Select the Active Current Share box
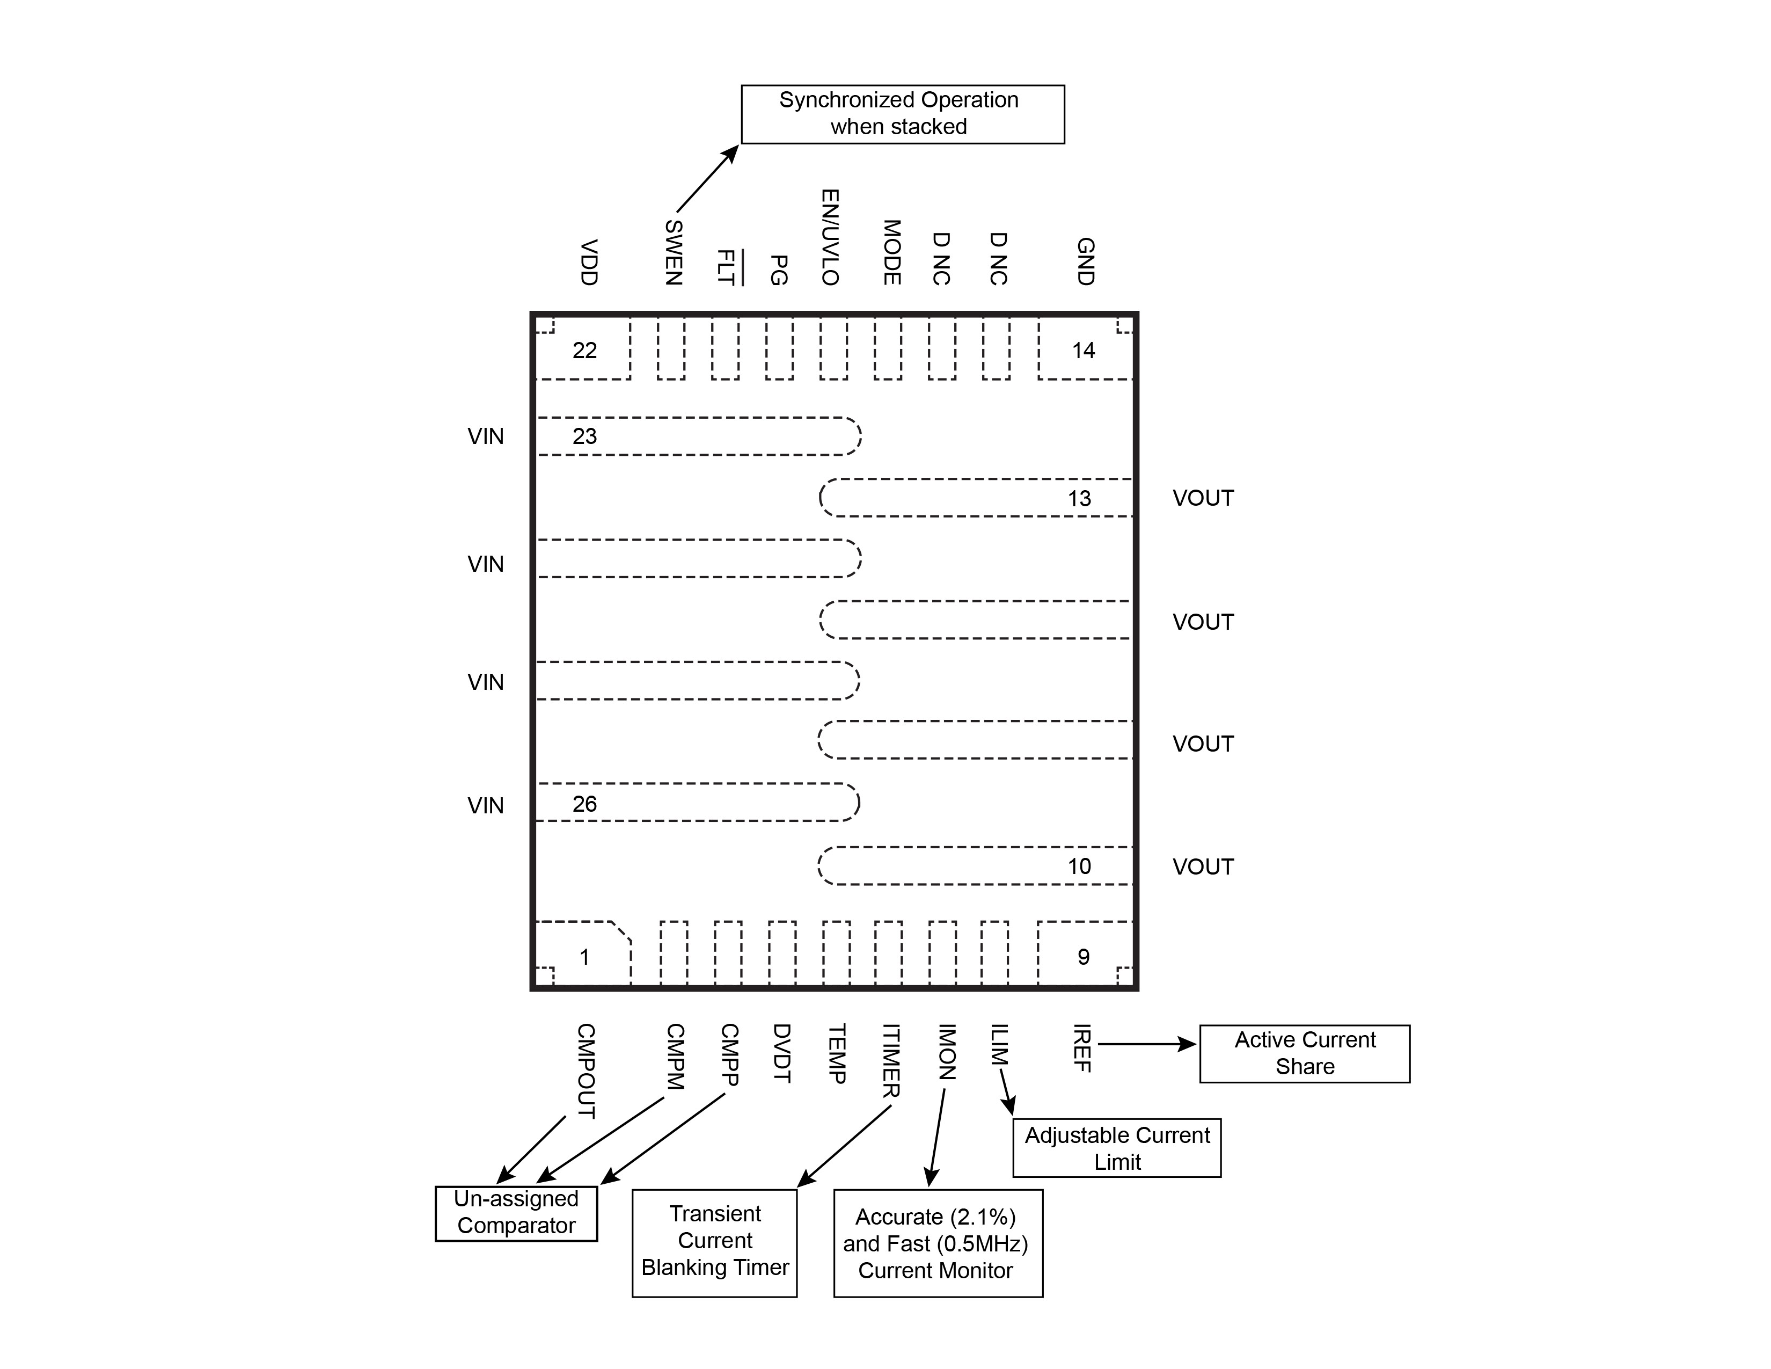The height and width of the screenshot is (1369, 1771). (1304, 1053)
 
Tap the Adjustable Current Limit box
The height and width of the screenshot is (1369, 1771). (1117, 1148)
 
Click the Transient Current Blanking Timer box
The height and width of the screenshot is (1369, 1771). (714, 1242)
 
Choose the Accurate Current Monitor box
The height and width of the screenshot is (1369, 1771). (938, 1242)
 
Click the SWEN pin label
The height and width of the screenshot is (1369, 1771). (673, 252)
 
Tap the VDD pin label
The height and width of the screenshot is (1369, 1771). (589, 262)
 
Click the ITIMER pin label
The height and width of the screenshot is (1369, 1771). (890, 1061)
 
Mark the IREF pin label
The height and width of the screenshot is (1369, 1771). (1082, 1048)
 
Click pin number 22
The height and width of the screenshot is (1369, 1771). (584, 351)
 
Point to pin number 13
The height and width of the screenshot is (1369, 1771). (1079, 499)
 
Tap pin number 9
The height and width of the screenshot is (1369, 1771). (1084, 957)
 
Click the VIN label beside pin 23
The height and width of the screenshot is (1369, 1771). (486, 436)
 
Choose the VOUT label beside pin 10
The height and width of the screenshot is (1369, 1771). (1203, 867)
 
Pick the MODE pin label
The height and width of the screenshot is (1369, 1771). (891, 252)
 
